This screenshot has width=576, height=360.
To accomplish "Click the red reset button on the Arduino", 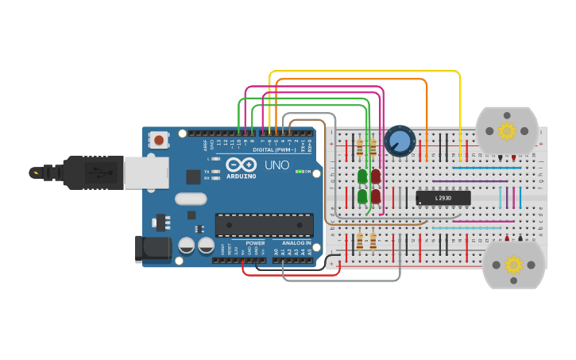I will coord(160,141).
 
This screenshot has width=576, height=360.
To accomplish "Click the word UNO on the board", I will coord(276,165).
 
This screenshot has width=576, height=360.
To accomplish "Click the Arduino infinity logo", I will coord(239,165).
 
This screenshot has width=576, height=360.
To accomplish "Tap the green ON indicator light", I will coord(298,171).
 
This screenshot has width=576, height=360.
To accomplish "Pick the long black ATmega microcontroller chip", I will coord(264,224).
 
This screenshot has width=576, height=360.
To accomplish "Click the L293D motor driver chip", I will coord(443,197).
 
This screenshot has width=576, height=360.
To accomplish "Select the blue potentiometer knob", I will coord(400,141).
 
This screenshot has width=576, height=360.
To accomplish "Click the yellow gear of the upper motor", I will coord(507,130).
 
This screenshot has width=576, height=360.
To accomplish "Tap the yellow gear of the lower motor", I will coord(513,265).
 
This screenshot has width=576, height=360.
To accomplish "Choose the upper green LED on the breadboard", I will coord(362,176).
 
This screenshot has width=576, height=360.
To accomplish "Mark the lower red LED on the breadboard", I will coord(375,195).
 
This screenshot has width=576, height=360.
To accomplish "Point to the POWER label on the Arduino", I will coord(255,242).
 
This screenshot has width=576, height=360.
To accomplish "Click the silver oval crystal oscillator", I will coord(191,199).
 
